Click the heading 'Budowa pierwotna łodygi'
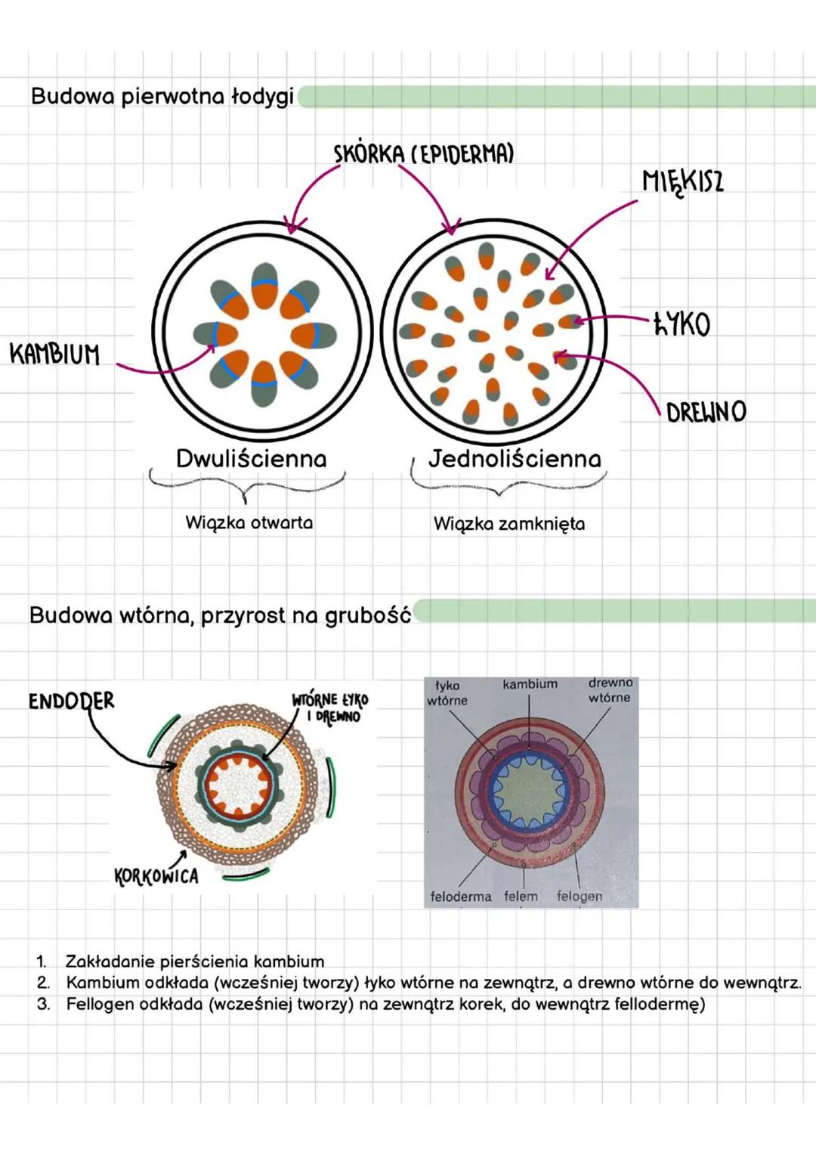tap(162, 97)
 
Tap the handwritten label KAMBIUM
tap(54, 354)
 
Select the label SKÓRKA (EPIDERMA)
tap(424, 154)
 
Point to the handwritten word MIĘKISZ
tap(682, 181)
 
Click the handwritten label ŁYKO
tap(682, 324)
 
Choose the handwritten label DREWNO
tap(706, 412)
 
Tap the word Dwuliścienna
tap(251, 459)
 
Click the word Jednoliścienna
tap(515, 459)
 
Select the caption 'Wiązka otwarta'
tap(249, 522)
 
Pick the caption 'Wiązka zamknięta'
tap(508, 524)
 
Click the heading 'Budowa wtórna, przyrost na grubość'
tap(220, 615)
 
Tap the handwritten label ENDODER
tap(71, 701)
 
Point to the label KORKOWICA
tap(156, 876)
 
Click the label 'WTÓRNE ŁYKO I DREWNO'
tap(330, 708)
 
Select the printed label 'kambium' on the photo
tap(530, 684)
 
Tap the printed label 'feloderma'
tap(460, 896)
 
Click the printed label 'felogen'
tap(580, 896)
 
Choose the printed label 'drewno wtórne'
tap(610, 690)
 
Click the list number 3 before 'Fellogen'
tap(43, 1004)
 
